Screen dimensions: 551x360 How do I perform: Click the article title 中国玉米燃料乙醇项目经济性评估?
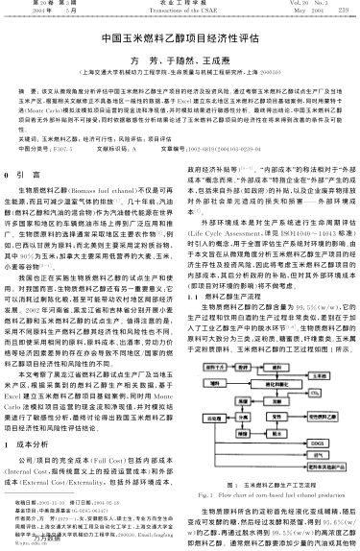[x=180, y=43]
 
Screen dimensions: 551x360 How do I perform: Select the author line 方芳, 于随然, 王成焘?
[x=180, y=61]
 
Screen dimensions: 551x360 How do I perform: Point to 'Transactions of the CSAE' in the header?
[x=180, y=10]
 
